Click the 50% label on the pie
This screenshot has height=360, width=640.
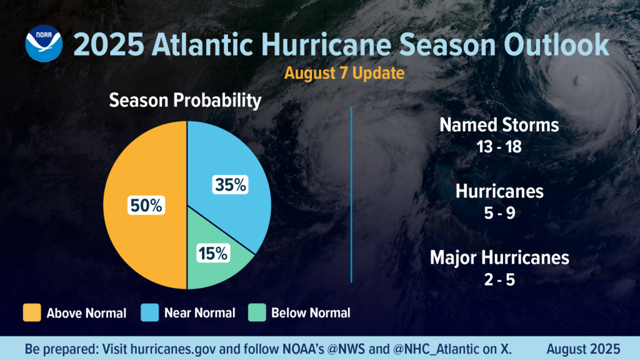coord(146,206)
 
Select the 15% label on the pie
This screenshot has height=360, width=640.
coord(214,253)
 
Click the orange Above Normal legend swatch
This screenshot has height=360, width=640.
coord(32,312)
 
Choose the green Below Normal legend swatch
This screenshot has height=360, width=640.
coord(257,312)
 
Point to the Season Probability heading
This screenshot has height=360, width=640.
coord(185,101)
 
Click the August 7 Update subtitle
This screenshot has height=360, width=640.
coord(344,72)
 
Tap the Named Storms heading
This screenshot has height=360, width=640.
coord(499,124)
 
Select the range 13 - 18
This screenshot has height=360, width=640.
coord(499,148)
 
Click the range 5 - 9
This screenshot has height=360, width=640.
coord(499,212)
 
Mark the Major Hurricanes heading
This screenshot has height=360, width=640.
coord(499,257)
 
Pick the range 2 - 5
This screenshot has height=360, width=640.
coord(499,279)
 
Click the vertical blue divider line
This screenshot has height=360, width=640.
coord(352,194)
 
